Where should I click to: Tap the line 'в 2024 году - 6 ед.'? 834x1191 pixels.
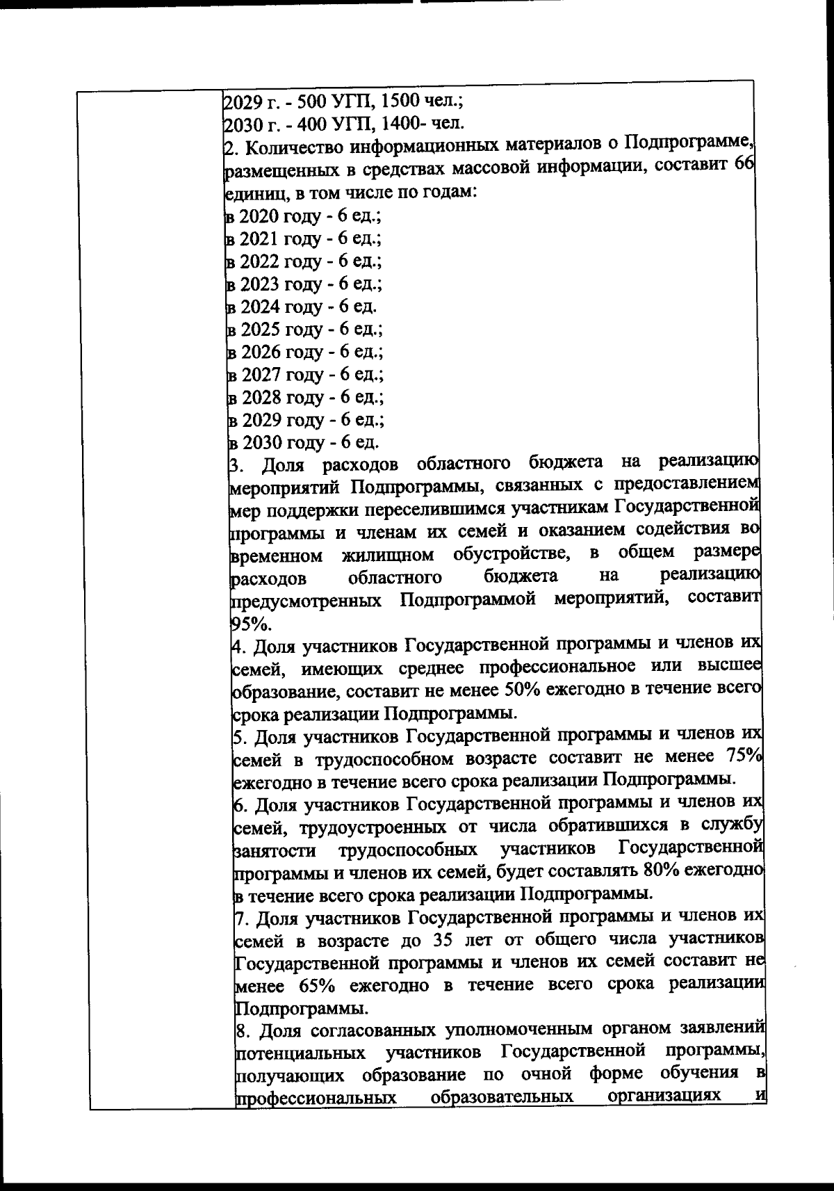coord(302,307)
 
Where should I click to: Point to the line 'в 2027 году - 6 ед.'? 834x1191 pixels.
coord(305,375)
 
